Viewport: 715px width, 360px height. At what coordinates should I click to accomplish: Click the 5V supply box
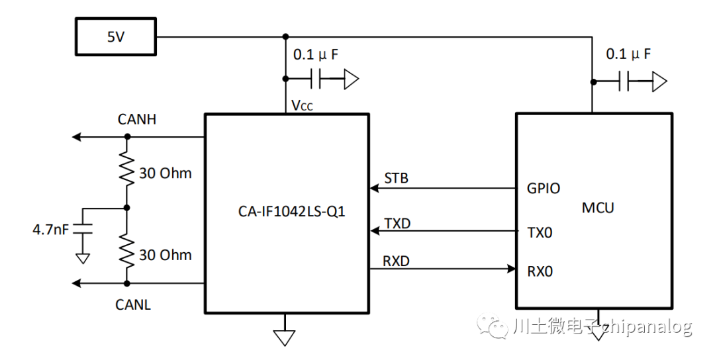(x=116, y=36)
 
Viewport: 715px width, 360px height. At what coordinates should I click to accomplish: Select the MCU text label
(x=598, y=207)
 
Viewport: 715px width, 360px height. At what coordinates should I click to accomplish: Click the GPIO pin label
(x=544, y=189)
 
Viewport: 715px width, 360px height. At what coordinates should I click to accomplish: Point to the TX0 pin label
(x=540, y=232)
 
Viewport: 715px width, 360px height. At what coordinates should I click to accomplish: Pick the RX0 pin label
(x=540, y=271)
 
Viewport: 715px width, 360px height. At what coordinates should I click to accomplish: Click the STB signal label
(x=396, y=178)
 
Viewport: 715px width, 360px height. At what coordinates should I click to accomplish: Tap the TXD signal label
(x=397, y=223)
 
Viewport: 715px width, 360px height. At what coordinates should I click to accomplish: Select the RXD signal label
(x=397, y=261)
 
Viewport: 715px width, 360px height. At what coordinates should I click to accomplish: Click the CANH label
(x=136, y=120)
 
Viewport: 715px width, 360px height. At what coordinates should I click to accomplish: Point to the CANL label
(x=133, y=304)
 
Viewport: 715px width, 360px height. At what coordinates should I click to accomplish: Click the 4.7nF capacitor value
(x=51, y=230)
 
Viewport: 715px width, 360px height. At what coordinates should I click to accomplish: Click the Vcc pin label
(x=303, y=105)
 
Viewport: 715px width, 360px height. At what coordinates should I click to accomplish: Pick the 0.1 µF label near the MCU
(x=628, y=54)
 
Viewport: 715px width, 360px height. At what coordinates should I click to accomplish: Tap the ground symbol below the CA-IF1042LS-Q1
(x=285, y=337)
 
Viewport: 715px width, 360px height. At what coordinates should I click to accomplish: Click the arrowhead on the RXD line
(x=511, y=269)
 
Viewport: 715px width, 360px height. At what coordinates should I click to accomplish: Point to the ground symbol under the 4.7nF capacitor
(x=83, y=257)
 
